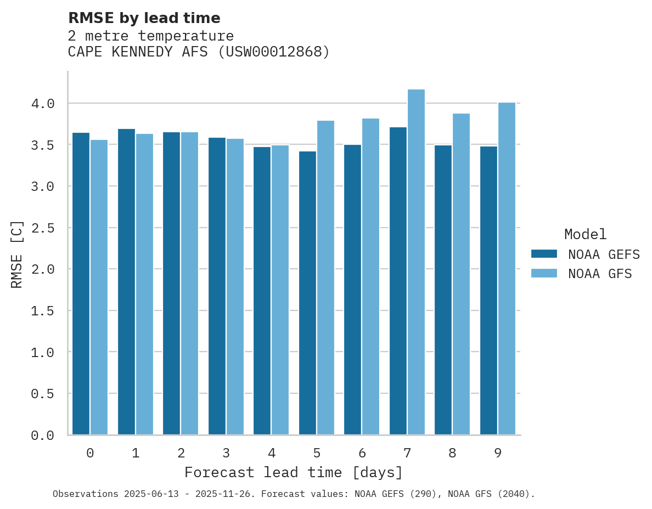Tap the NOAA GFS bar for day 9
pyautogui.click(x=507, y=269)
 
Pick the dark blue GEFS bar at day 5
pyautogui.click(x=307, y=293)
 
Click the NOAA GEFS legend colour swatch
pyautogui.click(x=544, y=254)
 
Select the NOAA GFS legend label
pyautogui.click(x=600, y=274)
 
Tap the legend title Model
pyautogui.click(x=585, y=234)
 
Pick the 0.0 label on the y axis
pyautogui.click(x=43, y=436)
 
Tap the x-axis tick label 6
pyautogui.click(x=362, y=453)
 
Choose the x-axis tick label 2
pyautogui.click(x=181, y=453)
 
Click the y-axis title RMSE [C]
pyautogui.click(x=17, y=254)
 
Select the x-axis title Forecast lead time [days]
pyautogui.click(x=294, y=472)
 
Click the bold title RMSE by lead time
pyautogui.click(x=144, y=18)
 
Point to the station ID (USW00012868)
pyautogui.click(x=274, y=52)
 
